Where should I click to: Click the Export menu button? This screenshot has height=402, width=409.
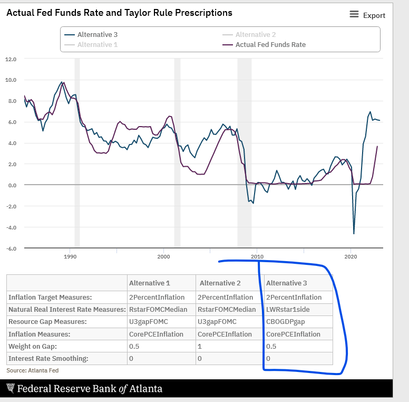pos(368,15)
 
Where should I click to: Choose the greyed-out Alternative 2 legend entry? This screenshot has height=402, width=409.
pos(256,34)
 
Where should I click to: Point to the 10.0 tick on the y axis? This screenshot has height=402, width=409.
pos(11,80)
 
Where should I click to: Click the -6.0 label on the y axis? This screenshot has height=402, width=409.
pos(11,248)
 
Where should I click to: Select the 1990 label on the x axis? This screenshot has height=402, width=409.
pos(70,256)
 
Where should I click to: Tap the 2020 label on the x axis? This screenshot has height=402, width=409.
pos(351,256)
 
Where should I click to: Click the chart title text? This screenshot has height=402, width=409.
pos(119,13)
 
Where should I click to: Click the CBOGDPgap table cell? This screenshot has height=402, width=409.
pos(286,322)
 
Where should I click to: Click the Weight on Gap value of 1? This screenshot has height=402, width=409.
pos(199,346)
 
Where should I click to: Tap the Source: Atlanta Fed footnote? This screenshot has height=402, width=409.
pos(32,370)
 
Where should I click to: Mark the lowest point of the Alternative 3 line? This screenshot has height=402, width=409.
pos(354,234)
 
